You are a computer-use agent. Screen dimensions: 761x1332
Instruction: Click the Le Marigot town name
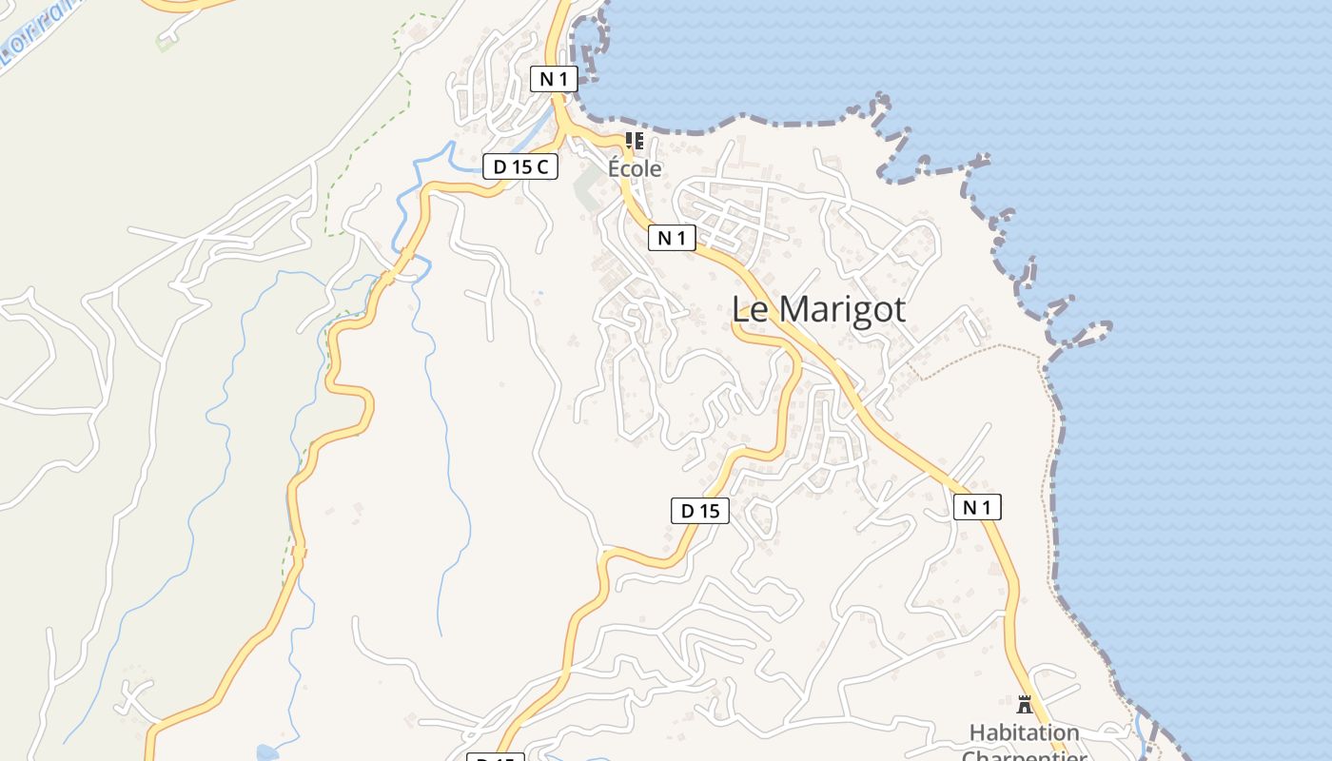click(x=818, y=310)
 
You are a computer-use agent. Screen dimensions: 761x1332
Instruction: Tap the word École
click(x=635, y=169)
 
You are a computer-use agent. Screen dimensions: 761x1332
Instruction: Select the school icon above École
click(x=635, y=142)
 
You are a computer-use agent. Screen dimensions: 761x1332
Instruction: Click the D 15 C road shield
click(x=519, y=166)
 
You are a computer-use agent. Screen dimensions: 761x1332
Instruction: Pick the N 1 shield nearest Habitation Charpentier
click(x=977, y=508)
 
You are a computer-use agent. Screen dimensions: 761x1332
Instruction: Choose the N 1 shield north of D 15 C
click(x=553, y=79)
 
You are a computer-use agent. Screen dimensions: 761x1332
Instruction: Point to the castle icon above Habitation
click(x=1025, y=705)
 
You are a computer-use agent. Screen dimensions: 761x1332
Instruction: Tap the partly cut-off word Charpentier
click(x=1024, y=755)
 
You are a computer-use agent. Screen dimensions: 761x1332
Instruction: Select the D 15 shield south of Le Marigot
click(x=700, y=511)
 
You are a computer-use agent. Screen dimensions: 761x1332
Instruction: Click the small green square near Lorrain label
click(x=165, y=44)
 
